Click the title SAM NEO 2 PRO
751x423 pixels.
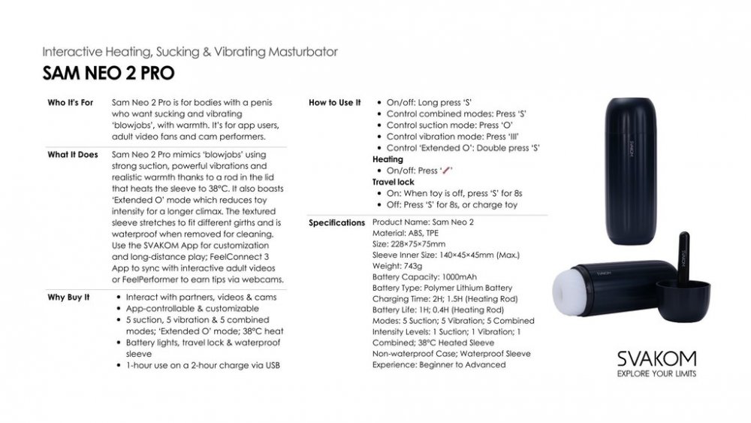click(x=109, y=73)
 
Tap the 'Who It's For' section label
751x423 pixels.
click(x=71, y=102)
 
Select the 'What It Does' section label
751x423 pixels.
click(x=73, y=155)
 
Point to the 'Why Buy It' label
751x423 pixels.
click(x=69, y=297)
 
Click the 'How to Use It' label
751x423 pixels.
click(x=335, y=102)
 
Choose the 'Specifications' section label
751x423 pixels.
click(x=337, y=223)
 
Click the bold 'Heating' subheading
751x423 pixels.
click(x=388, y=159)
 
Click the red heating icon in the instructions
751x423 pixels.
click(x=449, y=171)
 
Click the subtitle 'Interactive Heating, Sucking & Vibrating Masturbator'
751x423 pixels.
click(x=190, y=53)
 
